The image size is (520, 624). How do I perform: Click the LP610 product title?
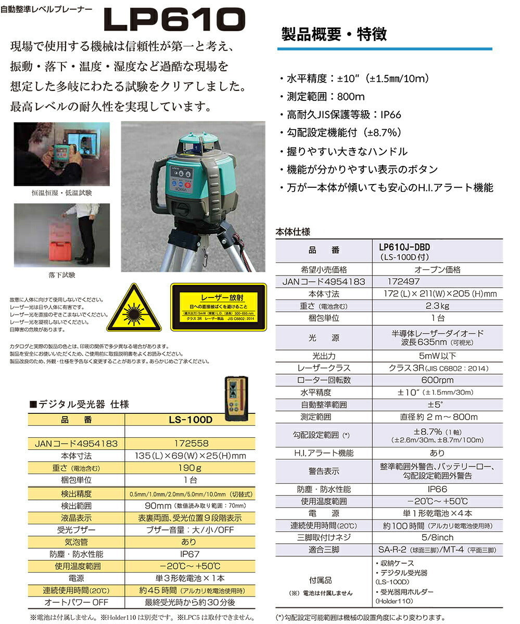(174, 21)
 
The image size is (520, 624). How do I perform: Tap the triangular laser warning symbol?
(134, 308)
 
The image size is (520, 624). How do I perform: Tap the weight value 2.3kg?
(437, 306)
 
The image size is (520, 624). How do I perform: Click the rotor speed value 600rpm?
(437, 380)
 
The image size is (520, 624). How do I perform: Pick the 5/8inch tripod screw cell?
(437, 537)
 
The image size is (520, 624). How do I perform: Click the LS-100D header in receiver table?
(190, 420)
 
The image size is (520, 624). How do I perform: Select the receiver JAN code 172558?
(190, 444)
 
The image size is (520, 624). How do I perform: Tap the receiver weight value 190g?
(190, 468)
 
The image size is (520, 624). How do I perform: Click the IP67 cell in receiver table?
(190, 554)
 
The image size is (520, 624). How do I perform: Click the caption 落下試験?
(57, 275)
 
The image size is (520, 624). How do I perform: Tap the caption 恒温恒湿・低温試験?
(61, 193)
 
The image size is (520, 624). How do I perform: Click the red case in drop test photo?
(53, 243)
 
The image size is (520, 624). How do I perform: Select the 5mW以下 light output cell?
(437, 356)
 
